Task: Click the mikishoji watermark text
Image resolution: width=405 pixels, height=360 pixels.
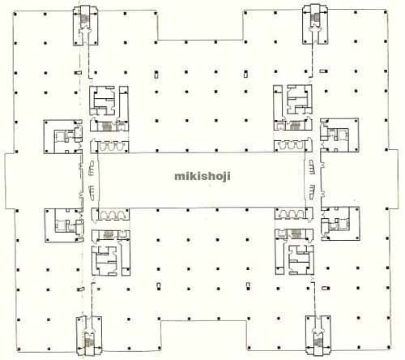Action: point(202,177)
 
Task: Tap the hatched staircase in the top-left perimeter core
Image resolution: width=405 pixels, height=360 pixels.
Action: point(85,19)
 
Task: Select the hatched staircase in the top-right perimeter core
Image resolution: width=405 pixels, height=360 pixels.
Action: point(314,19)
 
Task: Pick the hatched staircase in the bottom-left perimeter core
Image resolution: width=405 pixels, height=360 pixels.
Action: point(88,343)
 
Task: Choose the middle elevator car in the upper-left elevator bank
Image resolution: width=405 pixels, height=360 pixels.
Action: point(111,147)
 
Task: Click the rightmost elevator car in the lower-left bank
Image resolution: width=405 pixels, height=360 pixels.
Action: point(120,215)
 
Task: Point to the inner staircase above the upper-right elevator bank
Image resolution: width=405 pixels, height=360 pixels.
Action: point(295,125)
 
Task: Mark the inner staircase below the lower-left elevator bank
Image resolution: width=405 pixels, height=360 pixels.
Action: point(109,234)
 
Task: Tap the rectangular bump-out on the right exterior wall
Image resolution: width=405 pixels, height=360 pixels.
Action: point(392,179)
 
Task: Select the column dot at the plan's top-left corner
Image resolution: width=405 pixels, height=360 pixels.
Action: point(15,14)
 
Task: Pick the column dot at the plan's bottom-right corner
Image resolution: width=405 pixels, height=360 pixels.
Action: point(389,347)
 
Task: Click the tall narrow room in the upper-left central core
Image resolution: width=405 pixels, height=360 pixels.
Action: point(124,103)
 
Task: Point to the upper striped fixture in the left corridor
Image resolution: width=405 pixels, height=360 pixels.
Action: point(92,168)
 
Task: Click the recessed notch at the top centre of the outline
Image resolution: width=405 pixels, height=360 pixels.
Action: point(200,26)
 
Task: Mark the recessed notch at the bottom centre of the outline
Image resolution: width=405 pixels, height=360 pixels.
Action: point(204,335)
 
